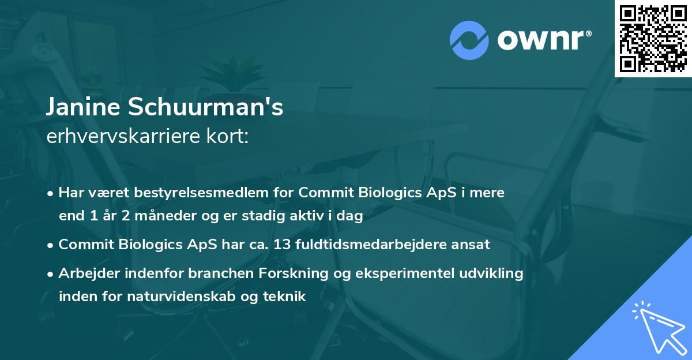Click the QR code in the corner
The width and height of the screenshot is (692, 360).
point(653,38)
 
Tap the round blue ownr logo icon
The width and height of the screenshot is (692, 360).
point(469,40)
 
